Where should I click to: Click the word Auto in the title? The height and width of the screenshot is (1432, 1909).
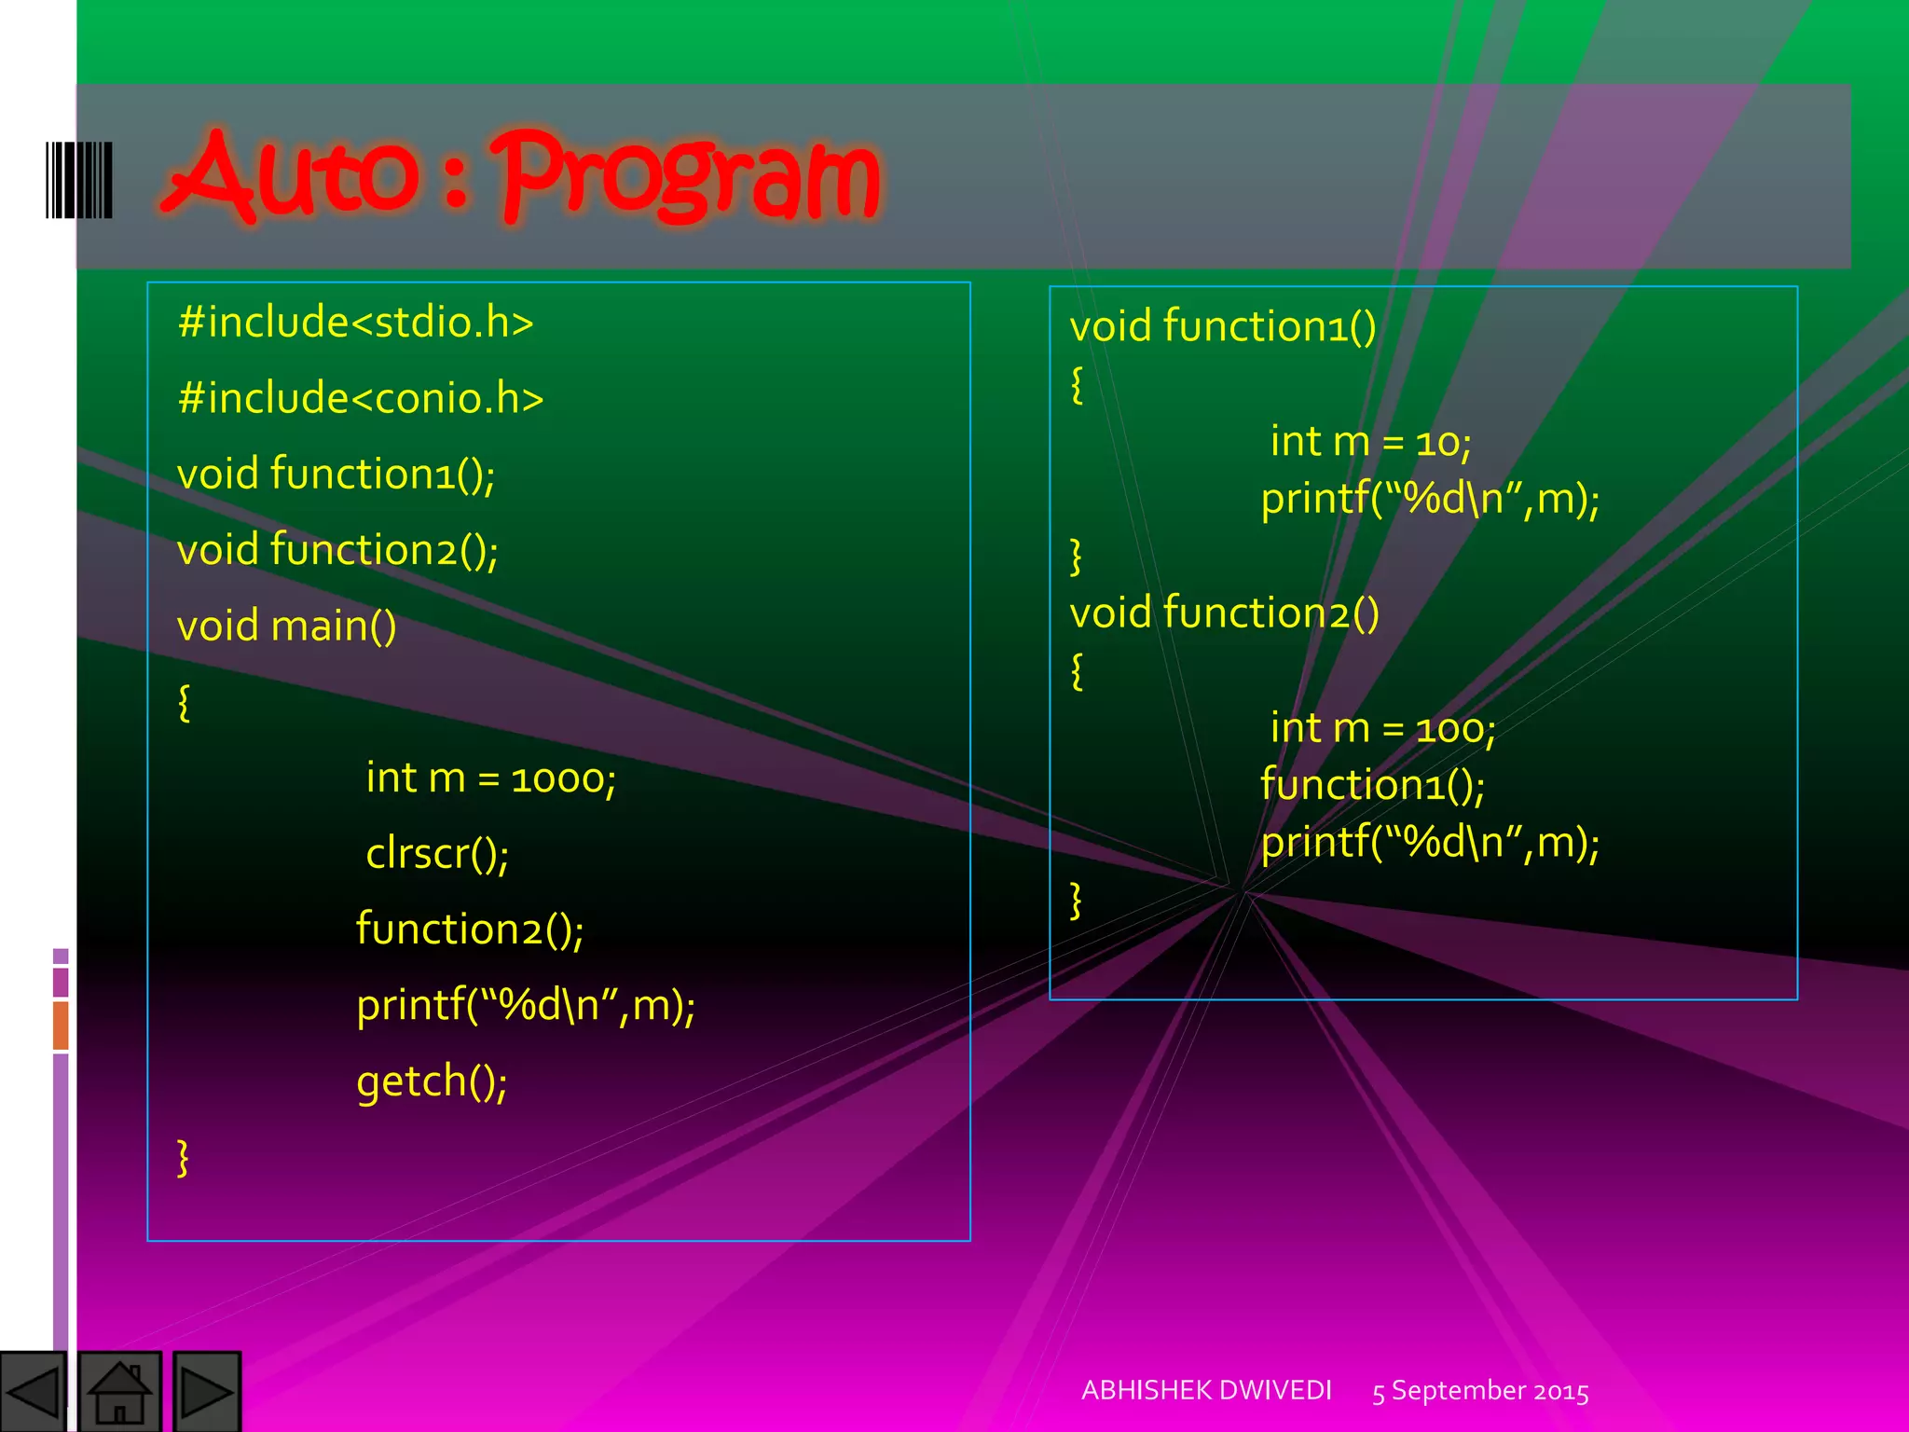coord(291,175)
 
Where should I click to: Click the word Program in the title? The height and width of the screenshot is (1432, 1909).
coord(690,177)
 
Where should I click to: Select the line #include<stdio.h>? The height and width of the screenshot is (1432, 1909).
coord(355,323)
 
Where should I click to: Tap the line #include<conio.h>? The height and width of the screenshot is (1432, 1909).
coord(360,399)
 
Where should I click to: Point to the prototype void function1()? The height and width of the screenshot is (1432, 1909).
coord(336,475)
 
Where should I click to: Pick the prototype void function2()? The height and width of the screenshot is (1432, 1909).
coord(337,550)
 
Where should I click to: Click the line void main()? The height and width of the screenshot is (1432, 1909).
coord(286,626)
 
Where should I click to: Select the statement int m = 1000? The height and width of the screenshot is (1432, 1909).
coord(490,778)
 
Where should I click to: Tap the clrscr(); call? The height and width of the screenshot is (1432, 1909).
coord(436,854)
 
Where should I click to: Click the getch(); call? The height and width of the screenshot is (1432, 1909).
coord(432,1081)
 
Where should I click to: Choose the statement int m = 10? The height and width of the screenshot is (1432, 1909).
coord(1370,441)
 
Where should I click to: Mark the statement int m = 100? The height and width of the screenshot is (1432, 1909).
coord(1382,728)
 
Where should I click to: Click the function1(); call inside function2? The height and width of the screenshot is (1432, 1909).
coord(1372,785)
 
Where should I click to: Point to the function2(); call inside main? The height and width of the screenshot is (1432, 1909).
coord(470,929)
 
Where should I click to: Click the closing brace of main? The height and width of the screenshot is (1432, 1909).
coord(184,1158)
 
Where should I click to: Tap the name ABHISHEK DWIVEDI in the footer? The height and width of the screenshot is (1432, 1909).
coord(1206,1390)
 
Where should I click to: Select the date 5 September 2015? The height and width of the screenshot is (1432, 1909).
coord(1480,1391)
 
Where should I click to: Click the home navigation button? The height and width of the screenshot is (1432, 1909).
coord(119,1391)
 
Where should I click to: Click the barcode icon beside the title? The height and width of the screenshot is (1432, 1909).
coord(79,180)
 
